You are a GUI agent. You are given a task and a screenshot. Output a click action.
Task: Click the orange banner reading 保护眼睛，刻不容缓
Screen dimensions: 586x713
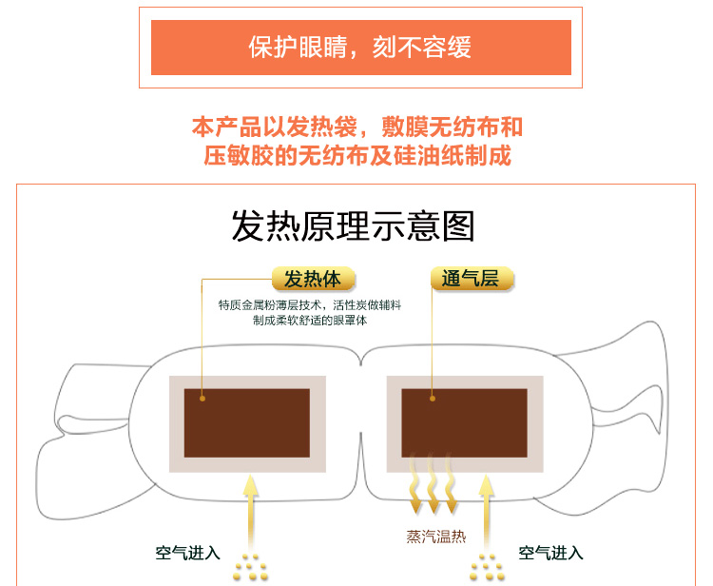[x=360, y=48]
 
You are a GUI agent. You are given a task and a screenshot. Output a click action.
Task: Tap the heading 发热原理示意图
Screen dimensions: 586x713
[x=353, y=226]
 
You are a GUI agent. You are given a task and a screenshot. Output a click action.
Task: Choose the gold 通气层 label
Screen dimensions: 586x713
[x=472, y=279]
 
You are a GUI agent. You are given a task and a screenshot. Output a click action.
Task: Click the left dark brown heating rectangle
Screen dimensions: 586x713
[x=247, y=423]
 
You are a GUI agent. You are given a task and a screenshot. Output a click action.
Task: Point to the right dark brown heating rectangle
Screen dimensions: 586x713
[x=464, y=423]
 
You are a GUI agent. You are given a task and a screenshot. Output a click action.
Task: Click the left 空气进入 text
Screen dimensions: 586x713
[x=188, y=553]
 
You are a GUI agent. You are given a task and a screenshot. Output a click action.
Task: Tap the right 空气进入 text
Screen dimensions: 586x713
[x=550, y=553]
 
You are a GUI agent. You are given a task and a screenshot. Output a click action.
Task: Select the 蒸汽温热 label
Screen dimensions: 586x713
[x=436, y=537]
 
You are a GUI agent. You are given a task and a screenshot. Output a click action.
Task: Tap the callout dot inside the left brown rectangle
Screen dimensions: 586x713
[x=202, y=399]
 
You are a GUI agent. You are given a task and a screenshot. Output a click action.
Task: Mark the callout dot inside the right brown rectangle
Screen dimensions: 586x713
[x=433, y=399]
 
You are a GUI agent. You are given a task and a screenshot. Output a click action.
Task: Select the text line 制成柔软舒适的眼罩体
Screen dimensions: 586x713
[x=310, y=321]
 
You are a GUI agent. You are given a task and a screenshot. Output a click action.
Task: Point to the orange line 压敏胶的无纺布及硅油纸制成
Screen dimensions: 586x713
[x=357, y=155]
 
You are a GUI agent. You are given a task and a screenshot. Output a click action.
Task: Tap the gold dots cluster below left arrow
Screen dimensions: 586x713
[x=251, y=569]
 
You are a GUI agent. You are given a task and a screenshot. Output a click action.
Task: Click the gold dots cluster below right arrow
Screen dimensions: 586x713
[x=487, y=569]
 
